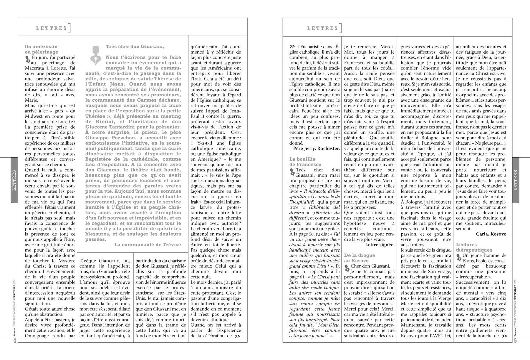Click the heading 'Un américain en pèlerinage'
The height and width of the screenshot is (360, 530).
tap(41, 49)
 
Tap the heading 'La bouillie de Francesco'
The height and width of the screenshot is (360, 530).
tap(305, 162)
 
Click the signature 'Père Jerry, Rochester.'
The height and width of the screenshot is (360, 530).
tap(317, 148)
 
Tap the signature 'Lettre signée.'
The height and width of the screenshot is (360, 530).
tap(380, 245)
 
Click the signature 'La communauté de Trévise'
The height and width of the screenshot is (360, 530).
tap(148, 245)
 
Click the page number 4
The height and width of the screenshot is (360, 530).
tap(14, 341)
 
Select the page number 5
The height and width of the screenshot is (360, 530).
tap(515, 341)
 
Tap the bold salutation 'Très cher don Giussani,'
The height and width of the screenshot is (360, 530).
tap(135, 47)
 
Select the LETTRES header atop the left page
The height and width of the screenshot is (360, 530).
tap(52, 28)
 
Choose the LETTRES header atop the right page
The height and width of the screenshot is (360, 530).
tap(322, 28)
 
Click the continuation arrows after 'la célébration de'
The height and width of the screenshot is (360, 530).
tap(237, 336)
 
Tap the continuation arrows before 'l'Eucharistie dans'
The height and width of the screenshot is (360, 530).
tap(292, 46)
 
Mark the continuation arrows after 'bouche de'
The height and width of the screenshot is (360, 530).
tap(504, 336)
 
